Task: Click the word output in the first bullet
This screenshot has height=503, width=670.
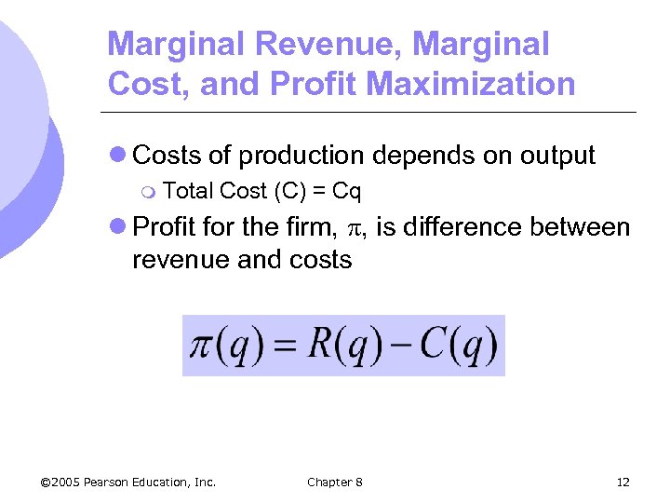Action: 556,156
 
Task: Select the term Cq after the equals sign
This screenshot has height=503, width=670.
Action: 346,192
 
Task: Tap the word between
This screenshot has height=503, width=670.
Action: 584,227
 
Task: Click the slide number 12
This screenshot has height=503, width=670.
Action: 623,482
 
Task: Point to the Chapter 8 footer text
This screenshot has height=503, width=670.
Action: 335,482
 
